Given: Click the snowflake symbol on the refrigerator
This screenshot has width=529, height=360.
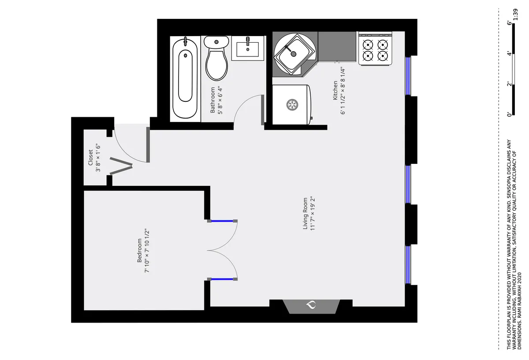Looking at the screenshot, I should [x=291, y=105].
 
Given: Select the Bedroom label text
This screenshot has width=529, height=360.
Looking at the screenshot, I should [x=140, y=251].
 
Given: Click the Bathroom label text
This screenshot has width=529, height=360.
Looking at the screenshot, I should [x=212, y=100].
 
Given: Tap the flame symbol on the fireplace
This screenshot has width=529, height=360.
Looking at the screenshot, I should [x=311, y=305].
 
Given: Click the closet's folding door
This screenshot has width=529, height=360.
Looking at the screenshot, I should [x=121, y=166].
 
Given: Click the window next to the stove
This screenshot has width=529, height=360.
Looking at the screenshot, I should [x=408, y=75].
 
